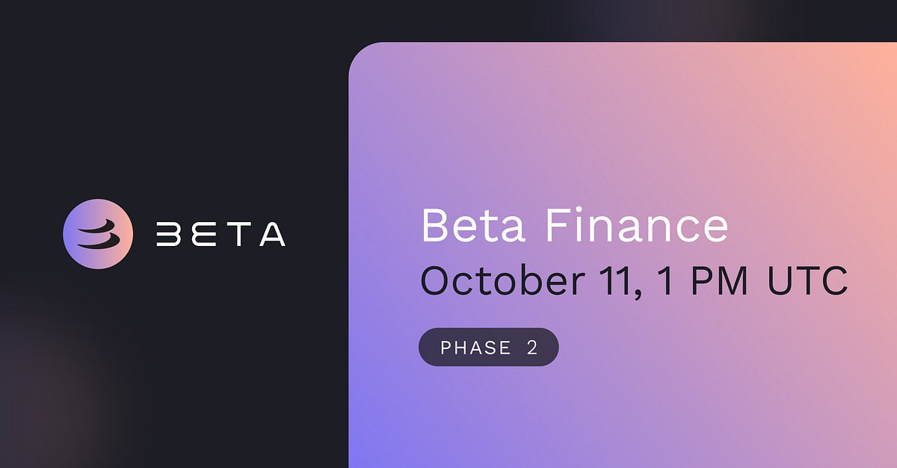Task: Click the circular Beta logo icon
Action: (98, 234)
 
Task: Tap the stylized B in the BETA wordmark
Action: (169, 234)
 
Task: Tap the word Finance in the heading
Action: (636, 225)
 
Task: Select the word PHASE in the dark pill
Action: (475, 348)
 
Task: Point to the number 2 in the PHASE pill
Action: (532, 348)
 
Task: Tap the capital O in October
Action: (438, 282)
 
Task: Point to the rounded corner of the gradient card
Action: (359, 52)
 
